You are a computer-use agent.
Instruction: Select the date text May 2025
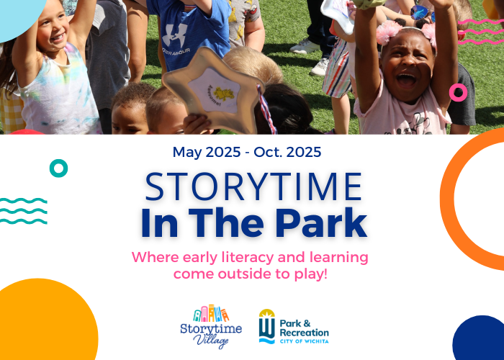(x=203, y=152)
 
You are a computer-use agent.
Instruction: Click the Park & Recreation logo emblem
(x=266, y=326)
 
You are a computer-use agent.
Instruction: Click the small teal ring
(x=58, y=168)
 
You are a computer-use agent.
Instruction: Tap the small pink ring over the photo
(x=458, y=92)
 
